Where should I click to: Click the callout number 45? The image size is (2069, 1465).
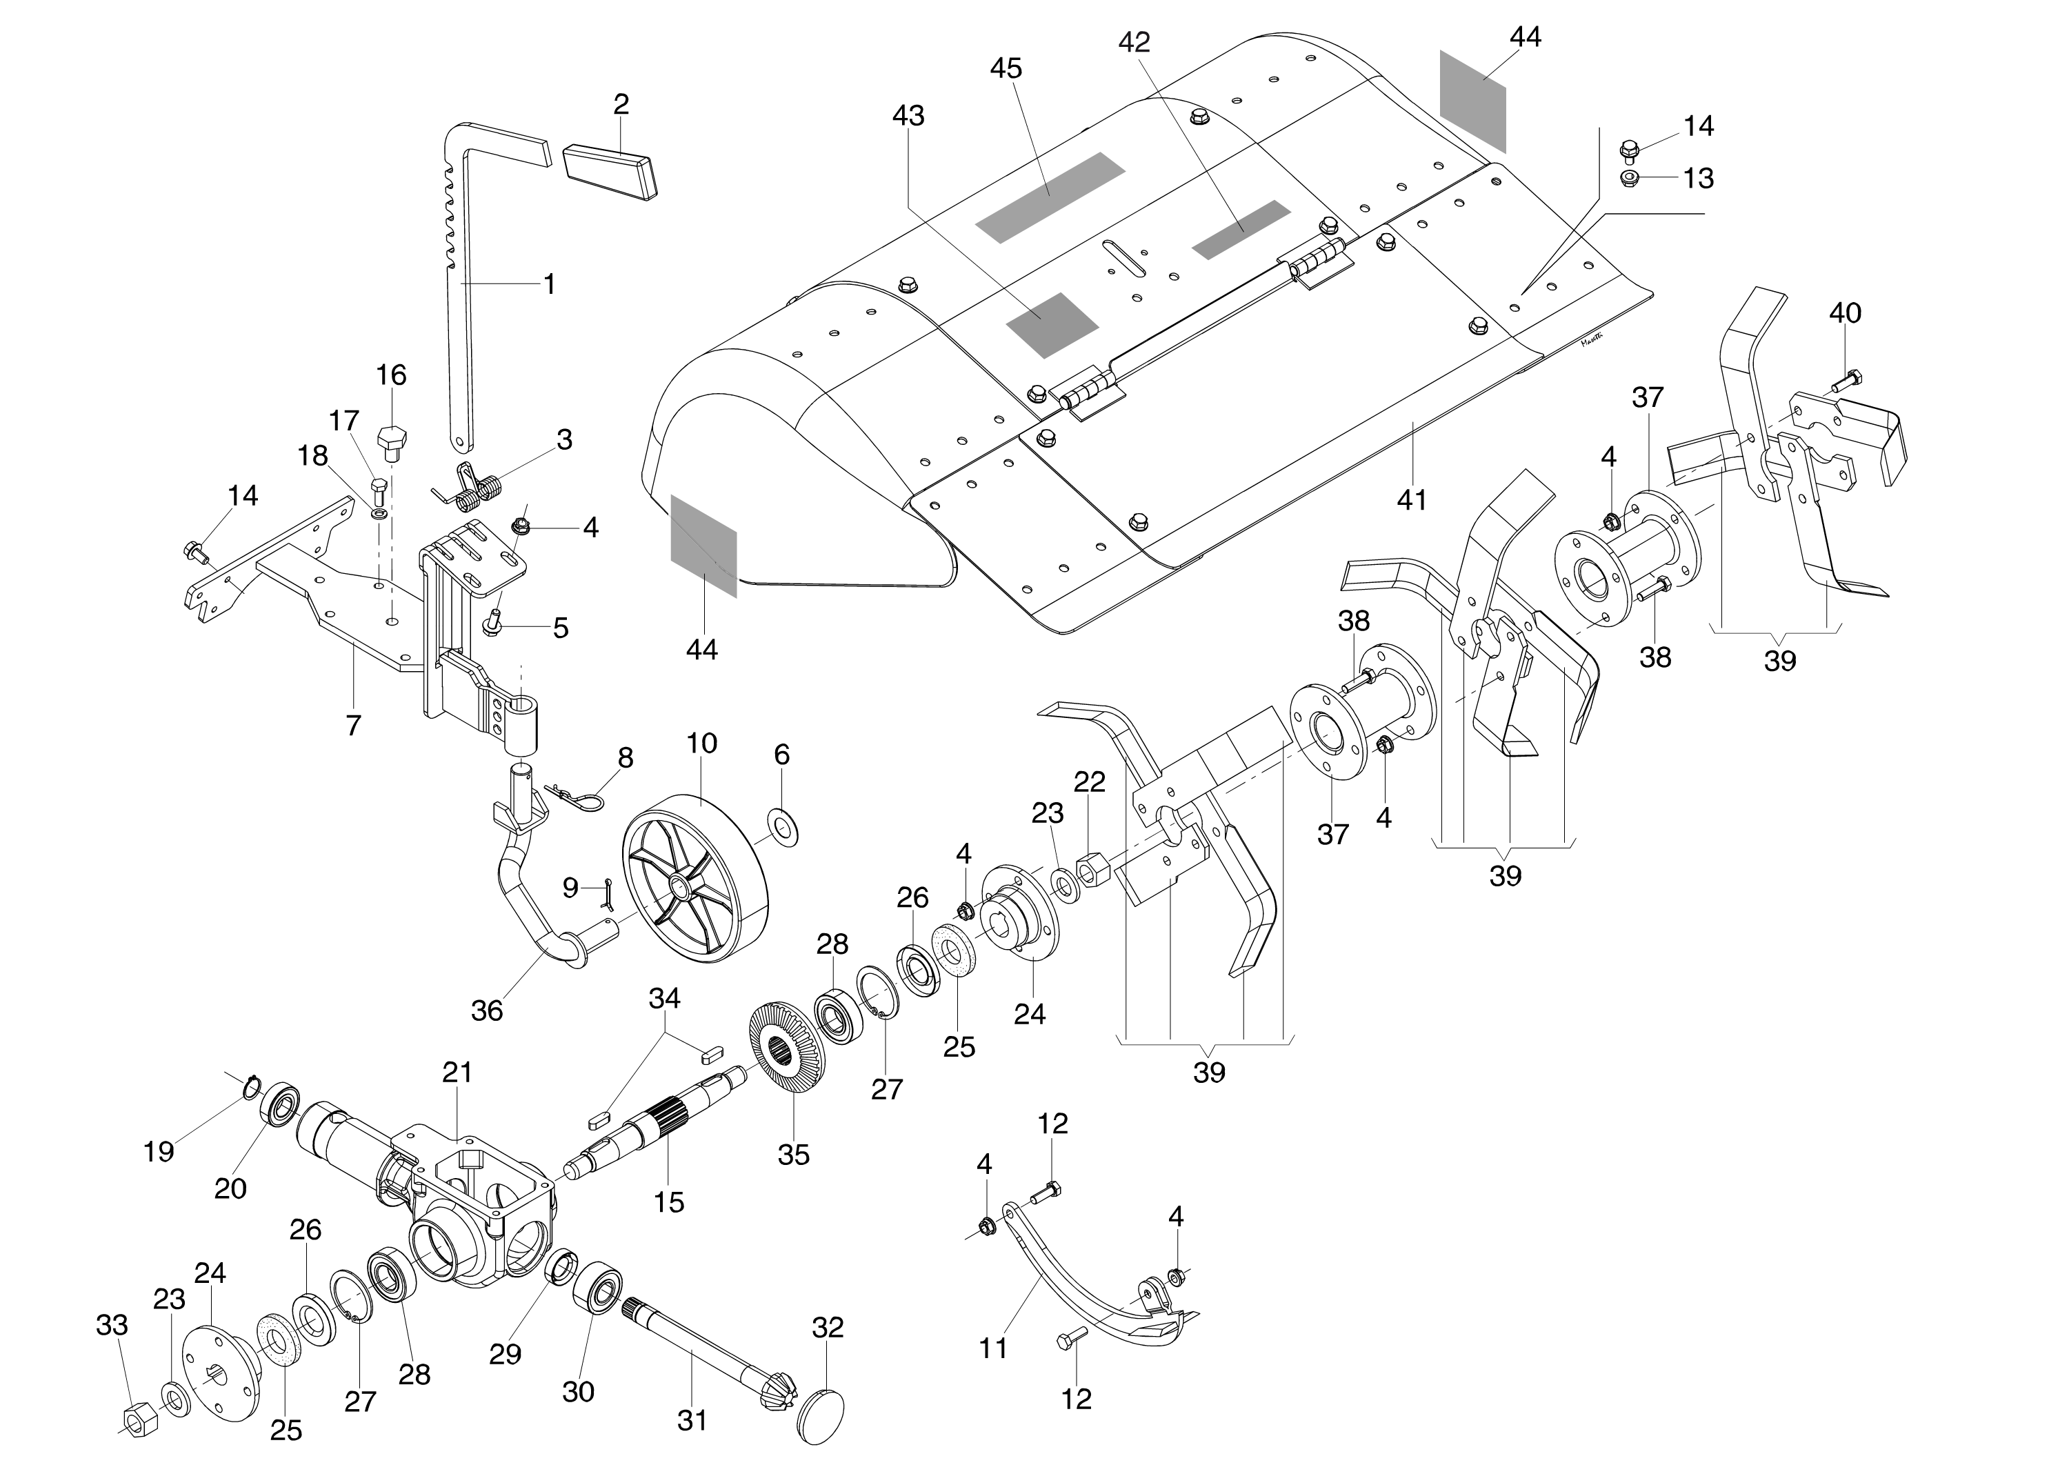(x=1006, y=68)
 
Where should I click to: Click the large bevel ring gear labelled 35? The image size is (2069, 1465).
(x=788, y=1047)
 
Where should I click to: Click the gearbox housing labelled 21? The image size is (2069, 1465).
(x=478, y=1199)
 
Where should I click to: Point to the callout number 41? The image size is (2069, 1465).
(x=1412, y=499)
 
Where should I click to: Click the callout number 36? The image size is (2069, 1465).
(x=487, y=1010)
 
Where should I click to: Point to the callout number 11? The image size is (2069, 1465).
(x=993, y=1348)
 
